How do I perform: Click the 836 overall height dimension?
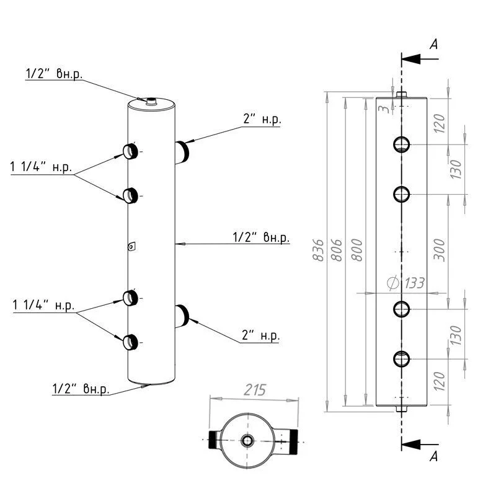[319, 250]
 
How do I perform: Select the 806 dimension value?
[337, 250]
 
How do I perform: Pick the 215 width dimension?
[254, 390]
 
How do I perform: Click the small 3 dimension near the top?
[384, 109]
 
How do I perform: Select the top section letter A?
[434, 44]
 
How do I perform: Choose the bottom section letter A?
[434, 457]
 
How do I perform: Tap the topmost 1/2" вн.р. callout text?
[54, 74]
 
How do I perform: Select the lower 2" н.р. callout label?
[260, 336]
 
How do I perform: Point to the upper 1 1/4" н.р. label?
[42, 167]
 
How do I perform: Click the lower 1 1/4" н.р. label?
[43, 306]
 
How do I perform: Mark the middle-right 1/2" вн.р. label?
[261, 237]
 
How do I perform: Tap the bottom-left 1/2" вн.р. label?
[81, 389]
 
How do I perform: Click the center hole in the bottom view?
[248, 441]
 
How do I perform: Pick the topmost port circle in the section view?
[402, 145]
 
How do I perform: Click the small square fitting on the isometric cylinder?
[131, 247]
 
